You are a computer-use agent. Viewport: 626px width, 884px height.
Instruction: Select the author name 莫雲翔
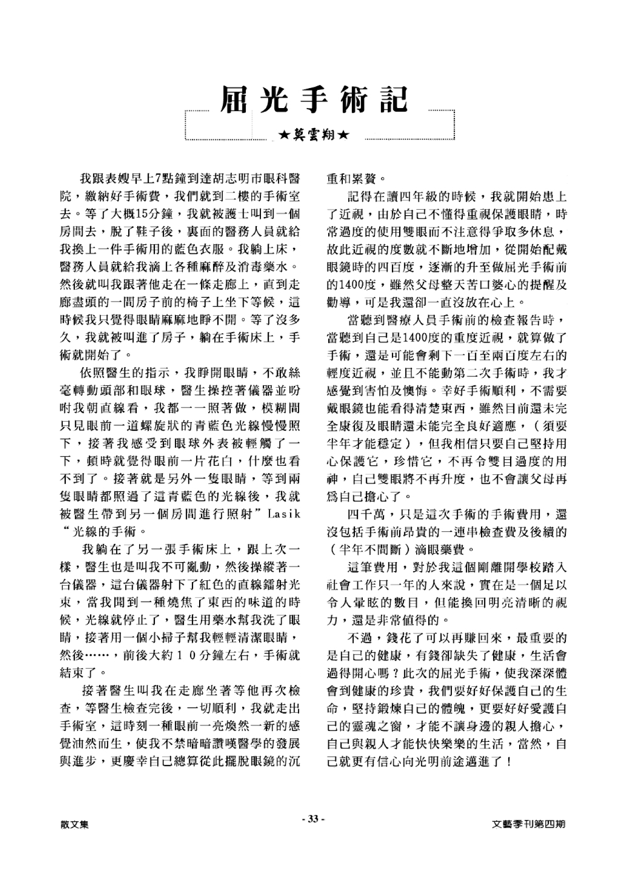(313, 135)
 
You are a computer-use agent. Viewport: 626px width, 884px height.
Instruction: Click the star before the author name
(284, 135)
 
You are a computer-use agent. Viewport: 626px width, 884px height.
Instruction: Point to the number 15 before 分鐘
(140, 214)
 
